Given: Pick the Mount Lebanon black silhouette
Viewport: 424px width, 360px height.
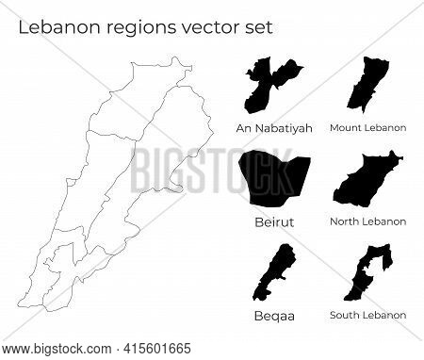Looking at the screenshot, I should pyautogui.click(x=367, y=87).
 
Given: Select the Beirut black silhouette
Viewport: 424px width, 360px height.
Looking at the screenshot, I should pyautogui.click(x=271, y=180).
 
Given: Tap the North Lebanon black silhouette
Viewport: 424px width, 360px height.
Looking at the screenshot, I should pyautogui.click(x=367, y=183).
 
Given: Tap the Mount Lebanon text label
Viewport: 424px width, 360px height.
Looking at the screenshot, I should pyautogui.click(x=368, y=126).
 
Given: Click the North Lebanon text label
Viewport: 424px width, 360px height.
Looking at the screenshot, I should pyautogui.click(x=368, y=221).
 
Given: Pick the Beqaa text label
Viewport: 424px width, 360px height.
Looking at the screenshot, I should pyautogui.click(x=273, y=315).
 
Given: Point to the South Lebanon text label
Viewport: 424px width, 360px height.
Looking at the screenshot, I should pyautogui.click(x=368, y=315).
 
